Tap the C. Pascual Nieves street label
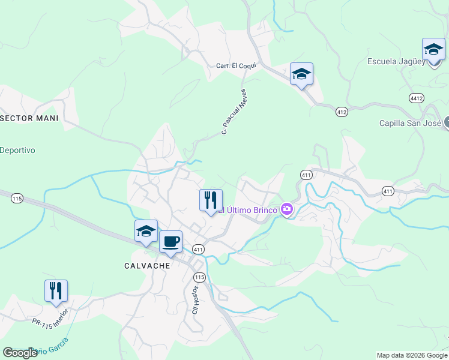(234, 112)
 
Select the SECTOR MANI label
(29, 118)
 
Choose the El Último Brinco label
(247, 210)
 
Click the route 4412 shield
(416, 97)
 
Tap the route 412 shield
(342, 112)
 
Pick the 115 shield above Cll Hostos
(200, 277)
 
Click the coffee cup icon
(170, 242)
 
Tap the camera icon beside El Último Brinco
(287, 209)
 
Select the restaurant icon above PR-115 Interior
(56, 291)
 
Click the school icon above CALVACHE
(146, 231)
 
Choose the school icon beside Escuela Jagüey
(433, 49)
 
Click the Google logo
(20, 353)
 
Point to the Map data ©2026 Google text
(411, 355)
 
